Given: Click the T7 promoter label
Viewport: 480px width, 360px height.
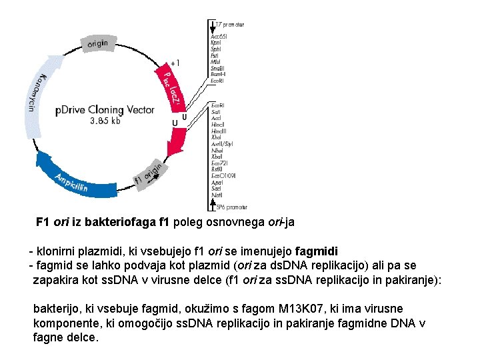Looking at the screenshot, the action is click(229, 25).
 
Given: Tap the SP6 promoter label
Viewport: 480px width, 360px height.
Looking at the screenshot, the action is click(231, 207).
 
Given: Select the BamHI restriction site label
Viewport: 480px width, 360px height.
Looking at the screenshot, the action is click(218, 74).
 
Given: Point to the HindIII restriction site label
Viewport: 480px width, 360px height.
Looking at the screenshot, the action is click(219, 131).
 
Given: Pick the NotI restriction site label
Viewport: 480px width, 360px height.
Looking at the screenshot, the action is click(217, 195).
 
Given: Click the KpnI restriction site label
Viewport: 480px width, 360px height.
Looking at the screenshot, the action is click(216, 42).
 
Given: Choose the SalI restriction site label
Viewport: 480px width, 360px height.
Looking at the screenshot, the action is click(216, 112).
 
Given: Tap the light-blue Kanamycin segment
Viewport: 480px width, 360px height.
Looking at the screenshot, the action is click(34, 100).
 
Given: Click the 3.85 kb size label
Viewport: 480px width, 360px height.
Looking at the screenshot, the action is click(105, 121).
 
